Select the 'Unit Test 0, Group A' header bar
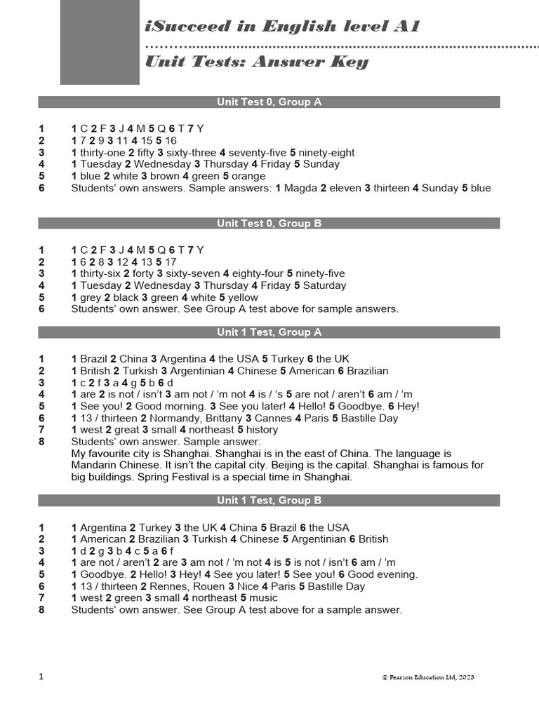[x=269, y=102]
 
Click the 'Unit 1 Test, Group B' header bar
[x=269, y=501]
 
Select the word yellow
[x=241, y=297]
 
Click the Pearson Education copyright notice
[x=428, y=677]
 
